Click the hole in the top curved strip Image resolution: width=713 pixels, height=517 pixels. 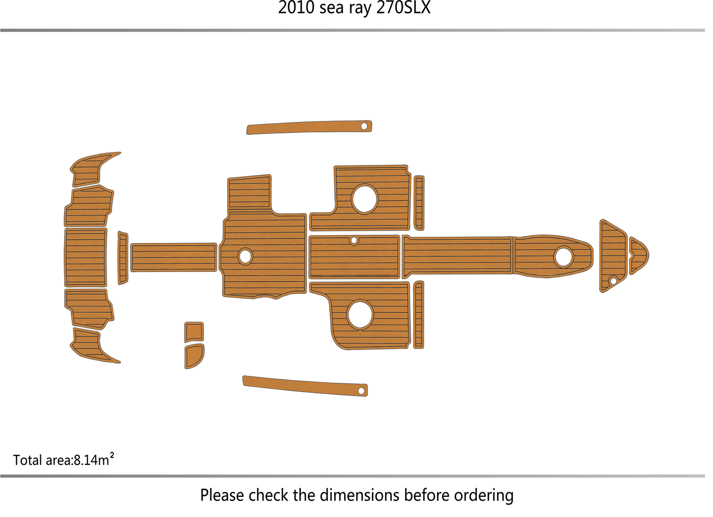tap(368, 127)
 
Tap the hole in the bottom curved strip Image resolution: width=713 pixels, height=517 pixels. tap(365, 395)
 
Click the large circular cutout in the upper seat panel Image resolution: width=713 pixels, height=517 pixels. tap(368, 201)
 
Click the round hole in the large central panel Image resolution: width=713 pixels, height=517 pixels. tap(247, 259)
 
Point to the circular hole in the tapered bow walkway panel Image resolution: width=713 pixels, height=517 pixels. tap(569, 260)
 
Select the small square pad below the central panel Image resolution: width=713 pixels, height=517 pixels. tap(196, 336)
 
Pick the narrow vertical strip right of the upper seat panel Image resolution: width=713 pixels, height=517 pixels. tap(423, 205)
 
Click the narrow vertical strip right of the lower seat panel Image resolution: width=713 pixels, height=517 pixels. tap(423, 318)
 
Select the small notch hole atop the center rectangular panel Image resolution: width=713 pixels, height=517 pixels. tap(358, 243)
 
